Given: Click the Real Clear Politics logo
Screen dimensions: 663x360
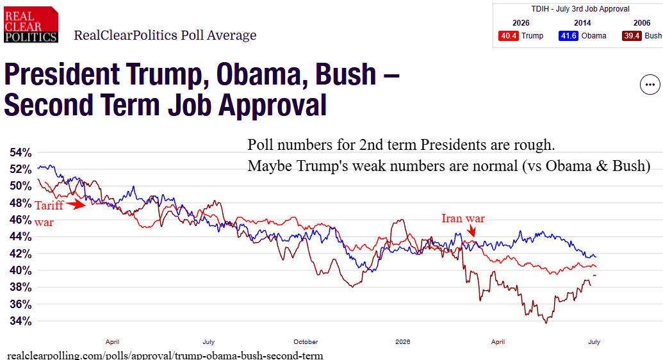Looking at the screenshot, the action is [31, 24].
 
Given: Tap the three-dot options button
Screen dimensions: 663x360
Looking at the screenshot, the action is [650, 85].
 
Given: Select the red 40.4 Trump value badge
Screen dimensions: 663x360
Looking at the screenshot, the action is [508, 36].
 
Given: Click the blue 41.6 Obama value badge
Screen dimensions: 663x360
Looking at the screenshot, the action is [568, 36].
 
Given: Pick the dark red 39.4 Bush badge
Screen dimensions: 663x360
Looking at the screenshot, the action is [632, 36].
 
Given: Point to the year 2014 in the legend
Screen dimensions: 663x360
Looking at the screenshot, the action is [582, 23].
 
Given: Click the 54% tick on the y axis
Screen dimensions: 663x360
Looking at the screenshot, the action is [20, 152].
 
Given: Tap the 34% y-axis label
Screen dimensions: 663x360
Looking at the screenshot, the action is [20, 321].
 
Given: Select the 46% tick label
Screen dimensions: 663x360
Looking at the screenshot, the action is [20, 220].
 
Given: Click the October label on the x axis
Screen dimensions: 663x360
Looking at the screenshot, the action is [306, 342].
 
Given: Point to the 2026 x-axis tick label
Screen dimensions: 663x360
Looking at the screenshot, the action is [402, 342].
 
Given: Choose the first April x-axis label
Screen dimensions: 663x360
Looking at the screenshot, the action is [113, 342].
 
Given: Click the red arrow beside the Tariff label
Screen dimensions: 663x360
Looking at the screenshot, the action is [76, 205].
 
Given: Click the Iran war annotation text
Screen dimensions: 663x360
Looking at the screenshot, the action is [463, 218].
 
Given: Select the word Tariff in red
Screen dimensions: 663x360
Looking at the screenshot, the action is [49, 205].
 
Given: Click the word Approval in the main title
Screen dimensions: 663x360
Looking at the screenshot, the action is [273, 106].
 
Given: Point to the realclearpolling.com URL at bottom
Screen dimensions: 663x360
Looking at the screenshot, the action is [165, 356].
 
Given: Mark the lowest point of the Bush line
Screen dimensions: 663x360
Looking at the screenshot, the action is [546, 323].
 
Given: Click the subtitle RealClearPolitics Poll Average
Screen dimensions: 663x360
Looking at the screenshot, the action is [165, 35].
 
